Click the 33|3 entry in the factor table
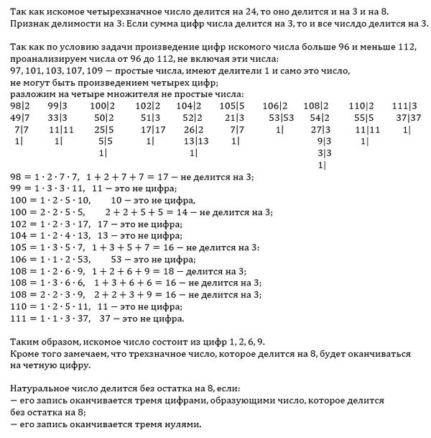tap(57, 118)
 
